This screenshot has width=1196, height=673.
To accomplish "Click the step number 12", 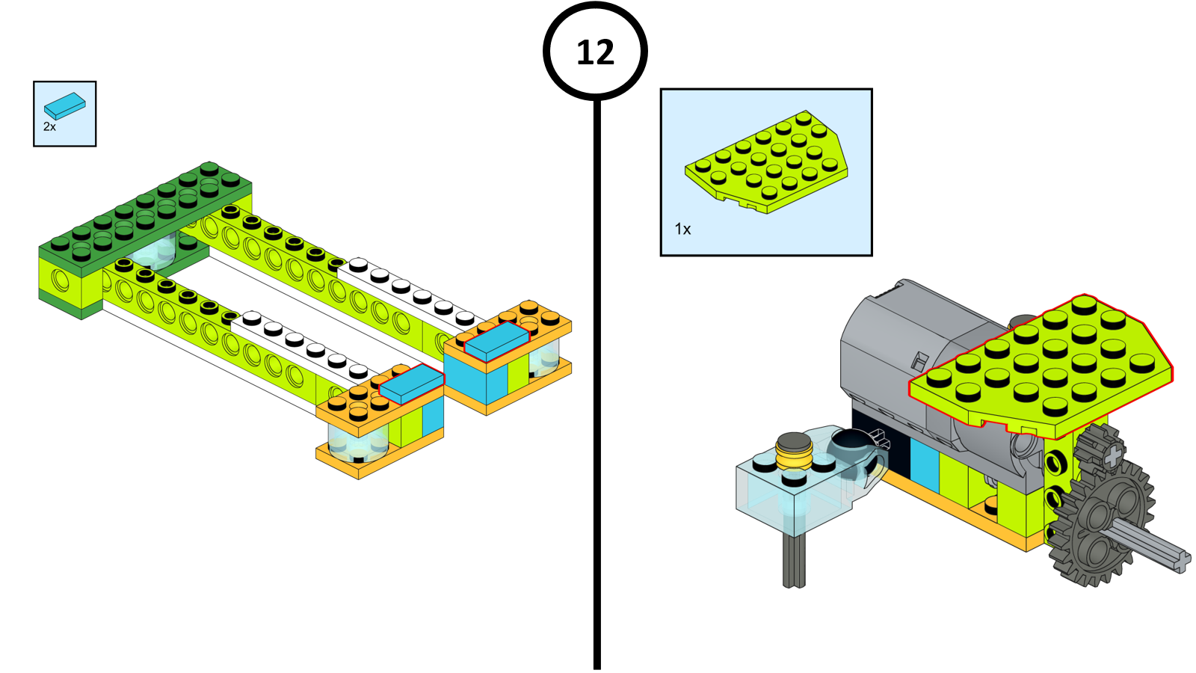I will pyautogui.click(x=595, y=52).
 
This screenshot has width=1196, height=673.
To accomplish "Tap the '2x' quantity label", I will pyautogui.click(x=49, y=127).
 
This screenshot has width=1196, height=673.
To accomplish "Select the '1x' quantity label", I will pyautogui.click(x=682, y=229).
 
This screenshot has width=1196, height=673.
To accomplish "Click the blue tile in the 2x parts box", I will pyautogui.click(x=64, y=106).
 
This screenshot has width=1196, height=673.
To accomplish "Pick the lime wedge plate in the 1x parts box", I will pyautogui.click(x=767, y=162).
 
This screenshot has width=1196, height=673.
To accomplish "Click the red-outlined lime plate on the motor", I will pyautogui.click(x=1046, y=366).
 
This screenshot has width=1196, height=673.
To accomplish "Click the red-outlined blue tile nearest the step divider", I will pyautogui.click(x=496, y=341).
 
